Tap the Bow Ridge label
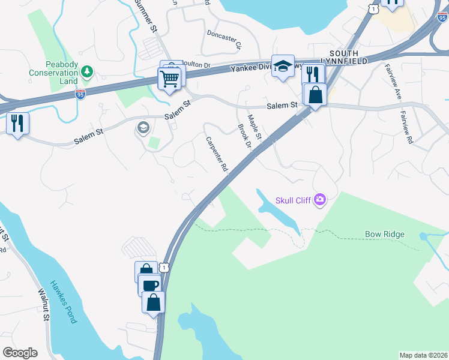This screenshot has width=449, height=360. point(384,234)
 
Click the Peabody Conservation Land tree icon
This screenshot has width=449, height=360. point(88,72)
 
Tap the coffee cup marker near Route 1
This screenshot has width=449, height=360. point(149,284)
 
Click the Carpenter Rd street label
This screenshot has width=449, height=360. point(218,154)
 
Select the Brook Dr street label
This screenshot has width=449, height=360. point(243,136)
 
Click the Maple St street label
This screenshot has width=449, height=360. point(255,128)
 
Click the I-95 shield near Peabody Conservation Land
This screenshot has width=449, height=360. point(80,94)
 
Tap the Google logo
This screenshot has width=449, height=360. point(20,353)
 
